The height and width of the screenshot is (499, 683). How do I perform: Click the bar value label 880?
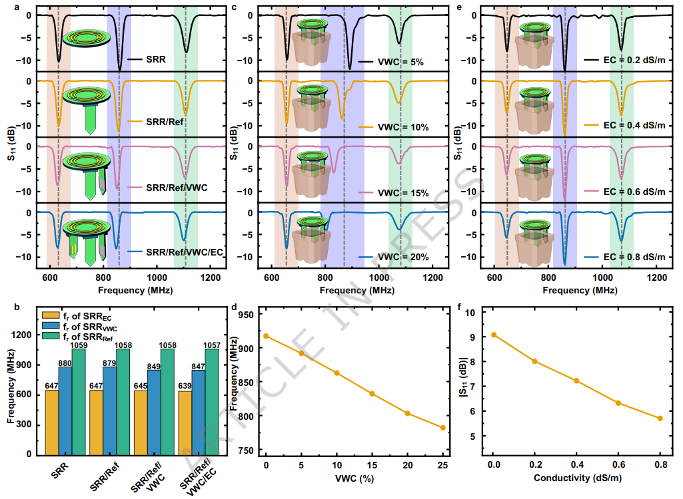[64, 363]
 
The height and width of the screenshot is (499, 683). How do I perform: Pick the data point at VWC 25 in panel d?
[442, 428]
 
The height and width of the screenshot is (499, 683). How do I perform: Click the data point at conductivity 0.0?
[493, 335]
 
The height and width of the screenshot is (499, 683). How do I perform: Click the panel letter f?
[460, 307]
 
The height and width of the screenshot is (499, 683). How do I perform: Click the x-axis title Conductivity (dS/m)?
[577, 478]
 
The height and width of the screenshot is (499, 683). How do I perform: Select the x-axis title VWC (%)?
[354, 478]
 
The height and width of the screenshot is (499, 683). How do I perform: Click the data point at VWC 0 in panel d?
[266, 336]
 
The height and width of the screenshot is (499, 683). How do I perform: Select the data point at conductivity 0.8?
[660, 418]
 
